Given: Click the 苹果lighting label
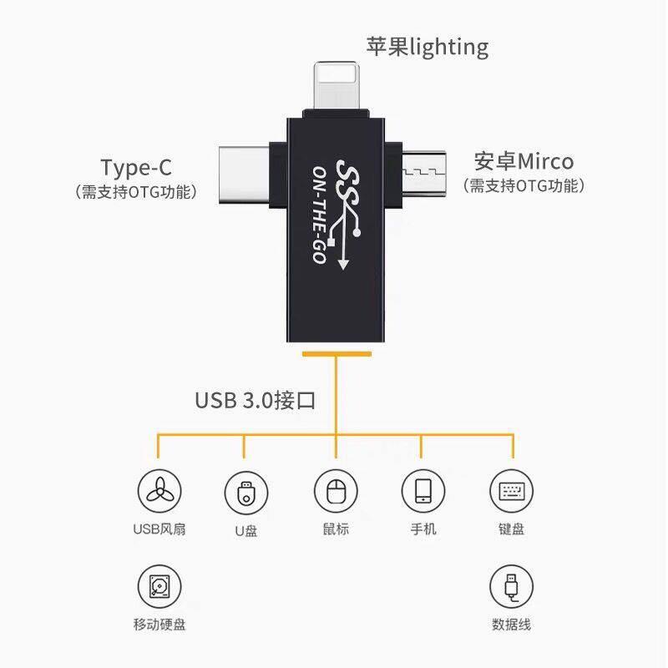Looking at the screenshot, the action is (427, 46).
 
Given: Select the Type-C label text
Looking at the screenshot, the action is (136, 166).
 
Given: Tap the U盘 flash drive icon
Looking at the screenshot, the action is (245, 492).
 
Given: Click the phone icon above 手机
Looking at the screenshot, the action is (423, 491).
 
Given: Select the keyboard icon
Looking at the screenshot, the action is (511, 491).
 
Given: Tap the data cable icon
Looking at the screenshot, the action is (511, 586).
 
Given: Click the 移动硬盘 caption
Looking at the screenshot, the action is (159, 625).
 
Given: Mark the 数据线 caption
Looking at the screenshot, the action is (511, 625).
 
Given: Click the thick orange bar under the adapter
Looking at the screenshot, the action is (336, 354).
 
